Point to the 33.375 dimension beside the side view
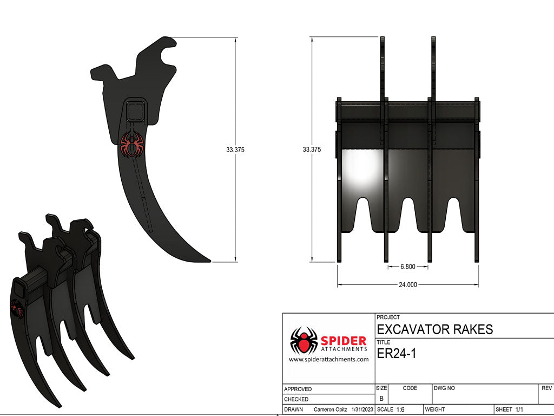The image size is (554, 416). coord(235,150)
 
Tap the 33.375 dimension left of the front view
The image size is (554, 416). coord(312,149)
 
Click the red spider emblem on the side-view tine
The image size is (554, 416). coord(133,145)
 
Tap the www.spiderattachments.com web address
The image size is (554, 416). coord(328,359)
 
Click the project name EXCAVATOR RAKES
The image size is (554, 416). coord(434,329)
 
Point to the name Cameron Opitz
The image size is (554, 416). coord(331,409)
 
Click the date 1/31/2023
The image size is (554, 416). coord(362,409)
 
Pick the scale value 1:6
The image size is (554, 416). coord(401,409)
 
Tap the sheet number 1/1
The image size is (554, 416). coord(519,409)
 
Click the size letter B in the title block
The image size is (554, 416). coord(381,398)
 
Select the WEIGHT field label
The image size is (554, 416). coord(435,409)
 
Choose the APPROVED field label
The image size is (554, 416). coord(298,389)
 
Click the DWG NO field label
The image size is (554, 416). coord(444,388)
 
